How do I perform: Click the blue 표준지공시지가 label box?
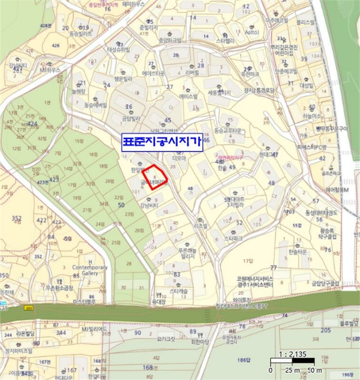point(162,142)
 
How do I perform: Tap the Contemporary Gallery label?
point(90,270)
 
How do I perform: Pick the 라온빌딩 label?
point(26,333)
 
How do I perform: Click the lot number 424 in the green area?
point(33,124)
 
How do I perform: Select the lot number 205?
point(325,330)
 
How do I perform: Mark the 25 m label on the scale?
point(287,370)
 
